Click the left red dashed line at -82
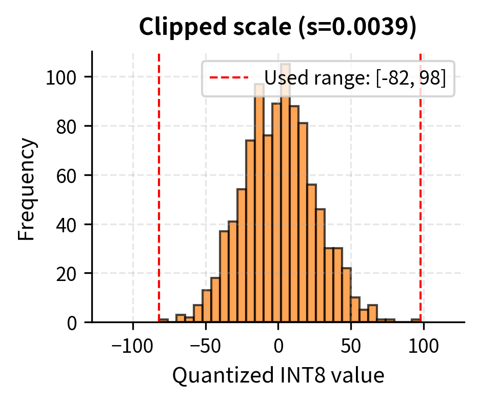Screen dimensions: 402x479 [159, 205]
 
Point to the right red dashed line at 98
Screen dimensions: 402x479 [421, 205]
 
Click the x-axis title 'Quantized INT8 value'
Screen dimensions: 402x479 [278, 375]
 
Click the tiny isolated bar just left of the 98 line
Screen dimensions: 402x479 [415, 320]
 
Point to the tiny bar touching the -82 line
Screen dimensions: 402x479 [164, 320]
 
